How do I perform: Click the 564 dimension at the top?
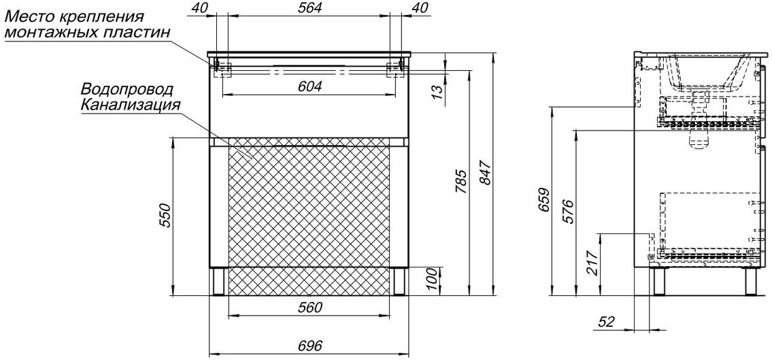[x=309, y=8]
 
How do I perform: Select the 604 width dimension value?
[x=309, y=86]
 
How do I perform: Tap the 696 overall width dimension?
[x=309, y=346]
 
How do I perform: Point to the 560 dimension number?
[x=309, y=308]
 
